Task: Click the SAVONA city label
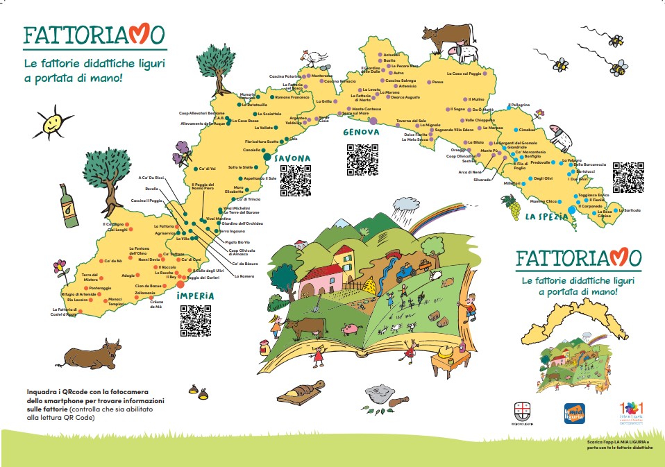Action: click(291, 158)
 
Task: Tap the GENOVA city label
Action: click(360, 132)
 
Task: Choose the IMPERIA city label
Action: click(195, 295)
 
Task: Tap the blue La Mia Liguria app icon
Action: click(575, 413)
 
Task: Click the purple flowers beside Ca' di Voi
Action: click(183, 149)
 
